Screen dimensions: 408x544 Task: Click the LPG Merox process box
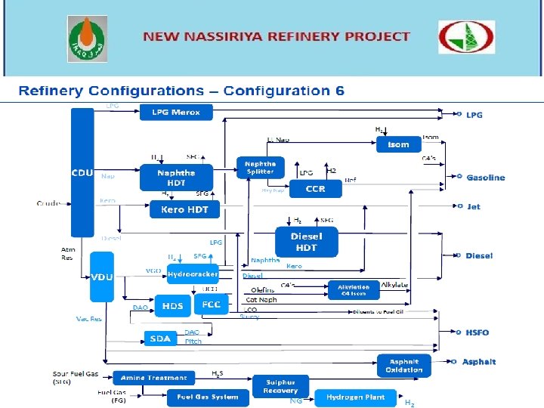(176, 113)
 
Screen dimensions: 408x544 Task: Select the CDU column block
(82, 172)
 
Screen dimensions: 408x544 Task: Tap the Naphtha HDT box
(176, 178)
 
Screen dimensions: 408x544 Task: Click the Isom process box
(398, 144)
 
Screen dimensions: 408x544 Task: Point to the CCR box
(315, 189)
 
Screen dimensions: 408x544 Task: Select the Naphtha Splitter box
(260, 168)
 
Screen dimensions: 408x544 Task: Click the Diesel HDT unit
(306, 241)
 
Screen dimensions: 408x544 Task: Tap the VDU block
(101, 278)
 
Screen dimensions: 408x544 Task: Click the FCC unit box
(210, 304)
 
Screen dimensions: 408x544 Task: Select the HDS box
(172, 306)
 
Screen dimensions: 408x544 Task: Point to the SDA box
(160, 338)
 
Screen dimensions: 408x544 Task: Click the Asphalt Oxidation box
(403, 364)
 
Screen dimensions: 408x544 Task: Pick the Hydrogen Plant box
(355, 397)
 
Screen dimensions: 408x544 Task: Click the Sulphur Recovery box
(280, 387)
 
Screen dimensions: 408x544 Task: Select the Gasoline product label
(485, 178)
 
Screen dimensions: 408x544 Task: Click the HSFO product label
(478, 332)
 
